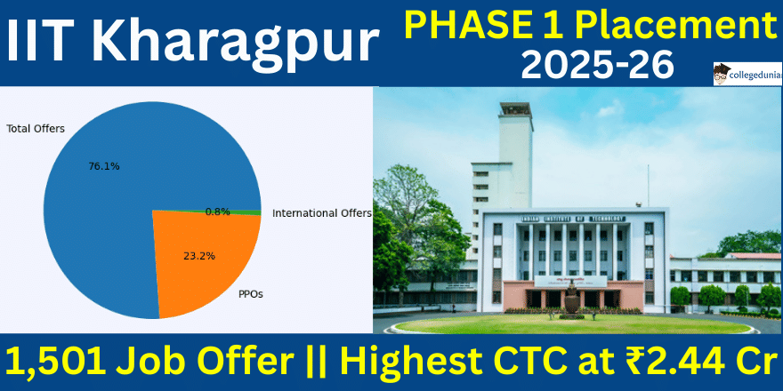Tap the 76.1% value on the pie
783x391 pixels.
104,166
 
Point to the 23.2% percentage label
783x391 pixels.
199,256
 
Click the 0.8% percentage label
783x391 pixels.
217,211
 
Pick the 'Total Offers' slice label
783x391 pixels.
36,129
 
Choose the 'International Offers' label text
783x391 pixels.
321,213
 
